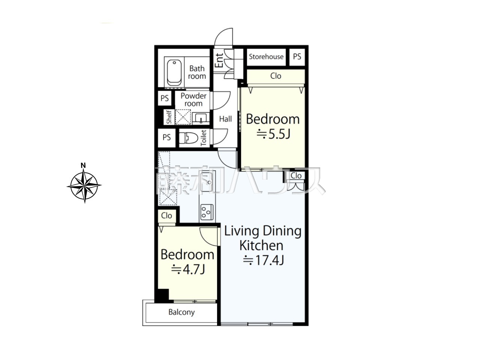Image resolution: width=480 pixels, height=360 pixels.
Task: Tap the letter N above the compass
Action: click(x=83, y=165)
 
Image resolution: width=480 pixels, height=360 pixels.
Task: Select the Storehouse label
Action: click(x=266, y=57)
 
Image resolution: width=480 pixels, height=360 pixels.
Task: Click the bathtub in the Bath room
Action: click(x=174, y=73)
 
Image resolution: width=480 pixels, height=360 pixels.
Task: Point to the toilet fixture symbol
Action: click(x=188, y=138)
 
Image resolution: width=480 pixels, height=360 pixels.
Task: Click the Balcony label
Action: click(x=181, y=312)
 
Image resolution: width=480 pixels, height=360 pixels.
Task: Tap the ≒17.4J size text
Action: click(x=264, y=260)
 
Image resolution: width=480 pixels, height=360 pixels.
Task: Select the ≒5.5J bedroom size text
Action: click(x=273, y=134)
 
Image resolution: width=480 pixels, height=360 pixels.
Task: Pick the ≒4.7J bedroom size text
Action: click(x=188, y=269)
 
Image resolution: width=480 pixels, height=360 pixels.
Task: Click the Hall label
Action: click(x=225, y=119)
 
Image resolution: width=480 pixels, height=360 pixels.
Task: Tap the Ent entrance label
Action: click(x=219, y=60)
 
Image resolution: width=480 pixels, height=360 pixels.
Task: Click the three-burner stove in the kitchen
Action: click(x=207, y=211)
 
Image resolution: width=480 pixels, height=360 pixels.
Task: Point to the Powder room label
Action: click(x=193, y=100)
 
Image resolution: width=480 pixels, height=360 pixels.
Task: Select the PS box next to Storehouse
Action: click(x=297, y=57)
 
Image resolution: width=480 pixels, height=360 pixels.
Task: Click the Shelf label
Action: click(x=169, y=117)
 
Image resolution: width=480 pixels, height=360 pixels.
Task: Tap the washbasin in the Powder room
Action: click(x=201, y=119)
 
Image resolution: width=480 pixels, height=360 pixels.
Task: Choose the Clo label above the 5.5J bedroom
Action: click(x=276, y=76)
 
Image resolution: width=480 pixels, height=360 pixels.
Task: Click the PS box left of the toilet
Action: click(x=166, y=138)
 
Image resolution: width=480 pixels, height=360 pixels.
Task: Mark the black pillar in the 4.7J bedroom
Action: click(x=163, y=295)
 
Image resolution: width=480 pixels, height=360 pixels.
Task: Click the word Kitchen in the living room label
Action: click(x=261, y=246)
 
